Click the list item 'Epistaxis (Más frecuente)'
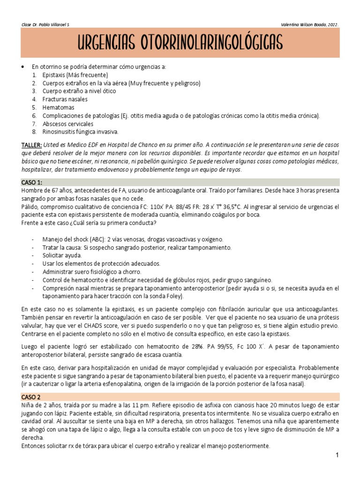coord(75,75)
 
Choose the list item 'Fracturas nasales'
coord(65,99)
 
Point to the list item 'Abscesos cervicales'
coord(68,124)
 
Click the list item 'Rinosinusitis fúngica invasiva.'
coord(80,132)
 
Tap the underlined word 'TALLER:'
coord(32,145)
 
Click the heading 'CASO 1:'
coord(32,182)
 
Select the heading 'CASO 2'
coord(31,397)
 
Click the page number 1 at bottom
coord(337,455)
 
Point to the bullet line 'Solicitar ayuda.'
coord(62,255)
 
